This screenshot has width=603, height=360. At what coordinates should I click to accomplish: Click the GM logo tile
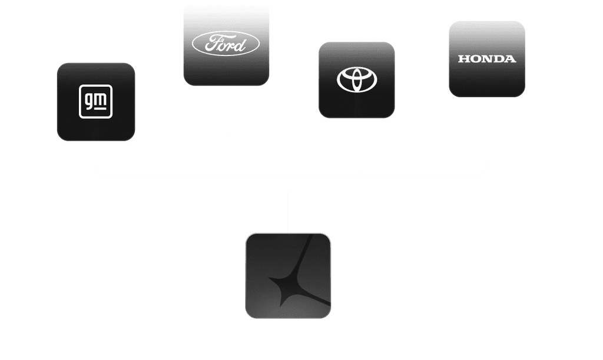(95, 102)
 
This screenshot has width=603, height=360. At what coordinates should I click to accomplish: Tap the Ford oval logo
(226, 44)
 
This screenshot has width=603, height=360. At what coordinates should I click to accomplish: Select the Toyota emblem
(357, 80)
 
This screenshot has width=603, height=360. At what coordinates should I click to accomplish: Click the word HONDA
(486, 59)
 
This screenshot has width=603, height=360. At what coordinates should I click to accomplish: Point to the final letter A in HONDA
(510, 59)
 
